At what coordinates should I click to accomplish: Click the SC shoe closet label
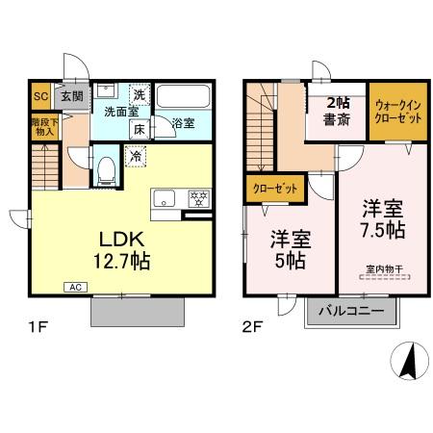[41, 96]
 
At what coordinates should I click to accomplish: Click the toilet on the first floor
[108, 171]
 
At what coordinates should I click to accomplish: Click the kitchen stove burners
[200, 199]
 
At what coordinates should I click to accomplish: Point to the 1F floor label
[38, 325]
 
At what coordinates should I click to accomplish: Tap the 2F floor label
[253, 325]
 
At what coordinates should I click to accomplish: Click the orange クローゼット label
[274, 189]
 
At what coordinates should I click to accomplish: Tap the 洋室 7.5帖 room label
[382, 219]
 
